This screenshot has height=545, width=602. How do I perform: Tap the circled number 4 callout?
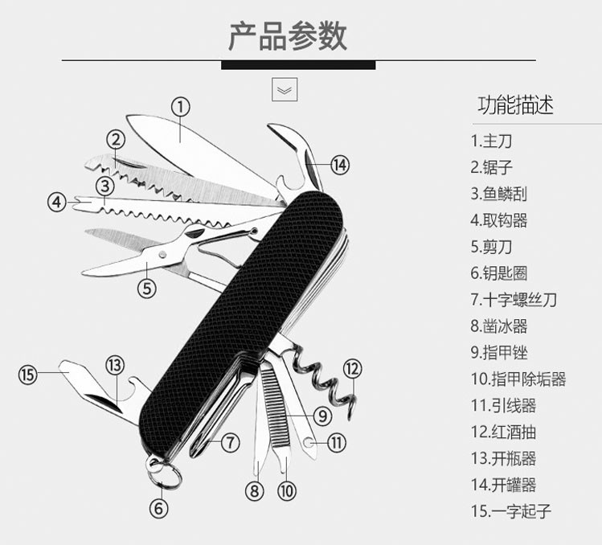[x=56, y=201]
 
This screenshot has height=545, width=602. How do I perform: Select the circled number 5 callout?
[x=145, y=287]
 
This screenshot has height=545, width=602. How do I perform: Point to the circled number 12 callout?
[x=353, y=369]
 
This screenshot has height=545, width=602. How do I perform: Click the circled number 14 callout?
[x=340, y=165]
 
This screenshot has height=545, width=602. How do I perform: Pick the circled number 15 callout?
[x=29, y=375]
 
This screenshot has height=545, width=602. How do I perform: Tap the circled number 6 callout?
[x=158, y=507]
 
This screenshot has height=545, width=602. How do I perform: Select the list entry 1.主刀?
[x=491, y=141]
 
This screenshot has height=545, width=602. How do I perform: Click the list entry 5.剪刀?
[x=491, y=247]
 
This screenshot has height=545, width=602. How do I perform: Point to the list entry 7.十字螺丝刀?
[x=514, y=300]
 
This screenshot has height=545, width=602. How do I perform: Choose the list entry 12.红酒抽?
[x=503, y=432]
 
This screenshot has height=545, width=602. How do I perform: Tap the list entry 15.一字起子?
[x=511, y=510]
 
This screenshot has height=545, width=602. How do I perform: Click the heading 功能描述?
[x=516, y=105]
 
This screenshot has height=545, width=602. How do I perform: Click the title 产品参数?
[x=288, y=37]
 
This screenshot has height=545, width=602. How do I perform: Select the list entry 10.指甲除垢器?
[x=518, y=379]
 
